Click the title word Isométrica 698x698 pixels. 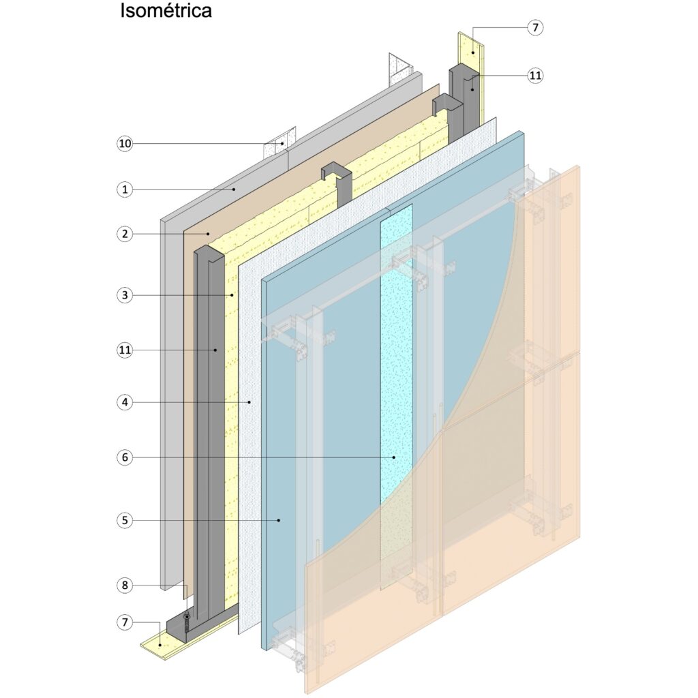[x=166, y=12]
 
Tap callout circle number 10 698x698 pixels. [x=124, y=144]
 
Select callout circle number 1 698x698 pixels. [x=124, y=189]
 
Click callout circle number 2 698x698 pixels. [x=124, y=234]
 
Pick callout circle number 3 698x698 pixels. [x=124, y=295]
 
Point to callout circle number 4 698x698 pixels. [x=124, y=402]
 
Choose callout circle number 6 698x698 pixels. [x=124, y=457]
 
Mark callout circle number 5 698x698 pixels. [x=124, y=520]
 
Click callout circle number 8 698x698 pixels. [x=124, y=585]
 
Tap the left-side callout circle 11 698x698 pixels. [x=124, y=350]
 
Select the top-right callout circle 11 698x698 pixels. [x=535, y=76]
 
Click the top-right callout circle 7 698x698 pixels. [x=535, y=28]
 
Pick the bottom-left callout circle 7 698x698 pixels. [x=124, y=622]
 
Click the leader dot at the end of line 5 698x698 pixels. [x=279, y=520]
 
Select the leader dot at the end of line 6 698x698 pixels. [x=394, y=457]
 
